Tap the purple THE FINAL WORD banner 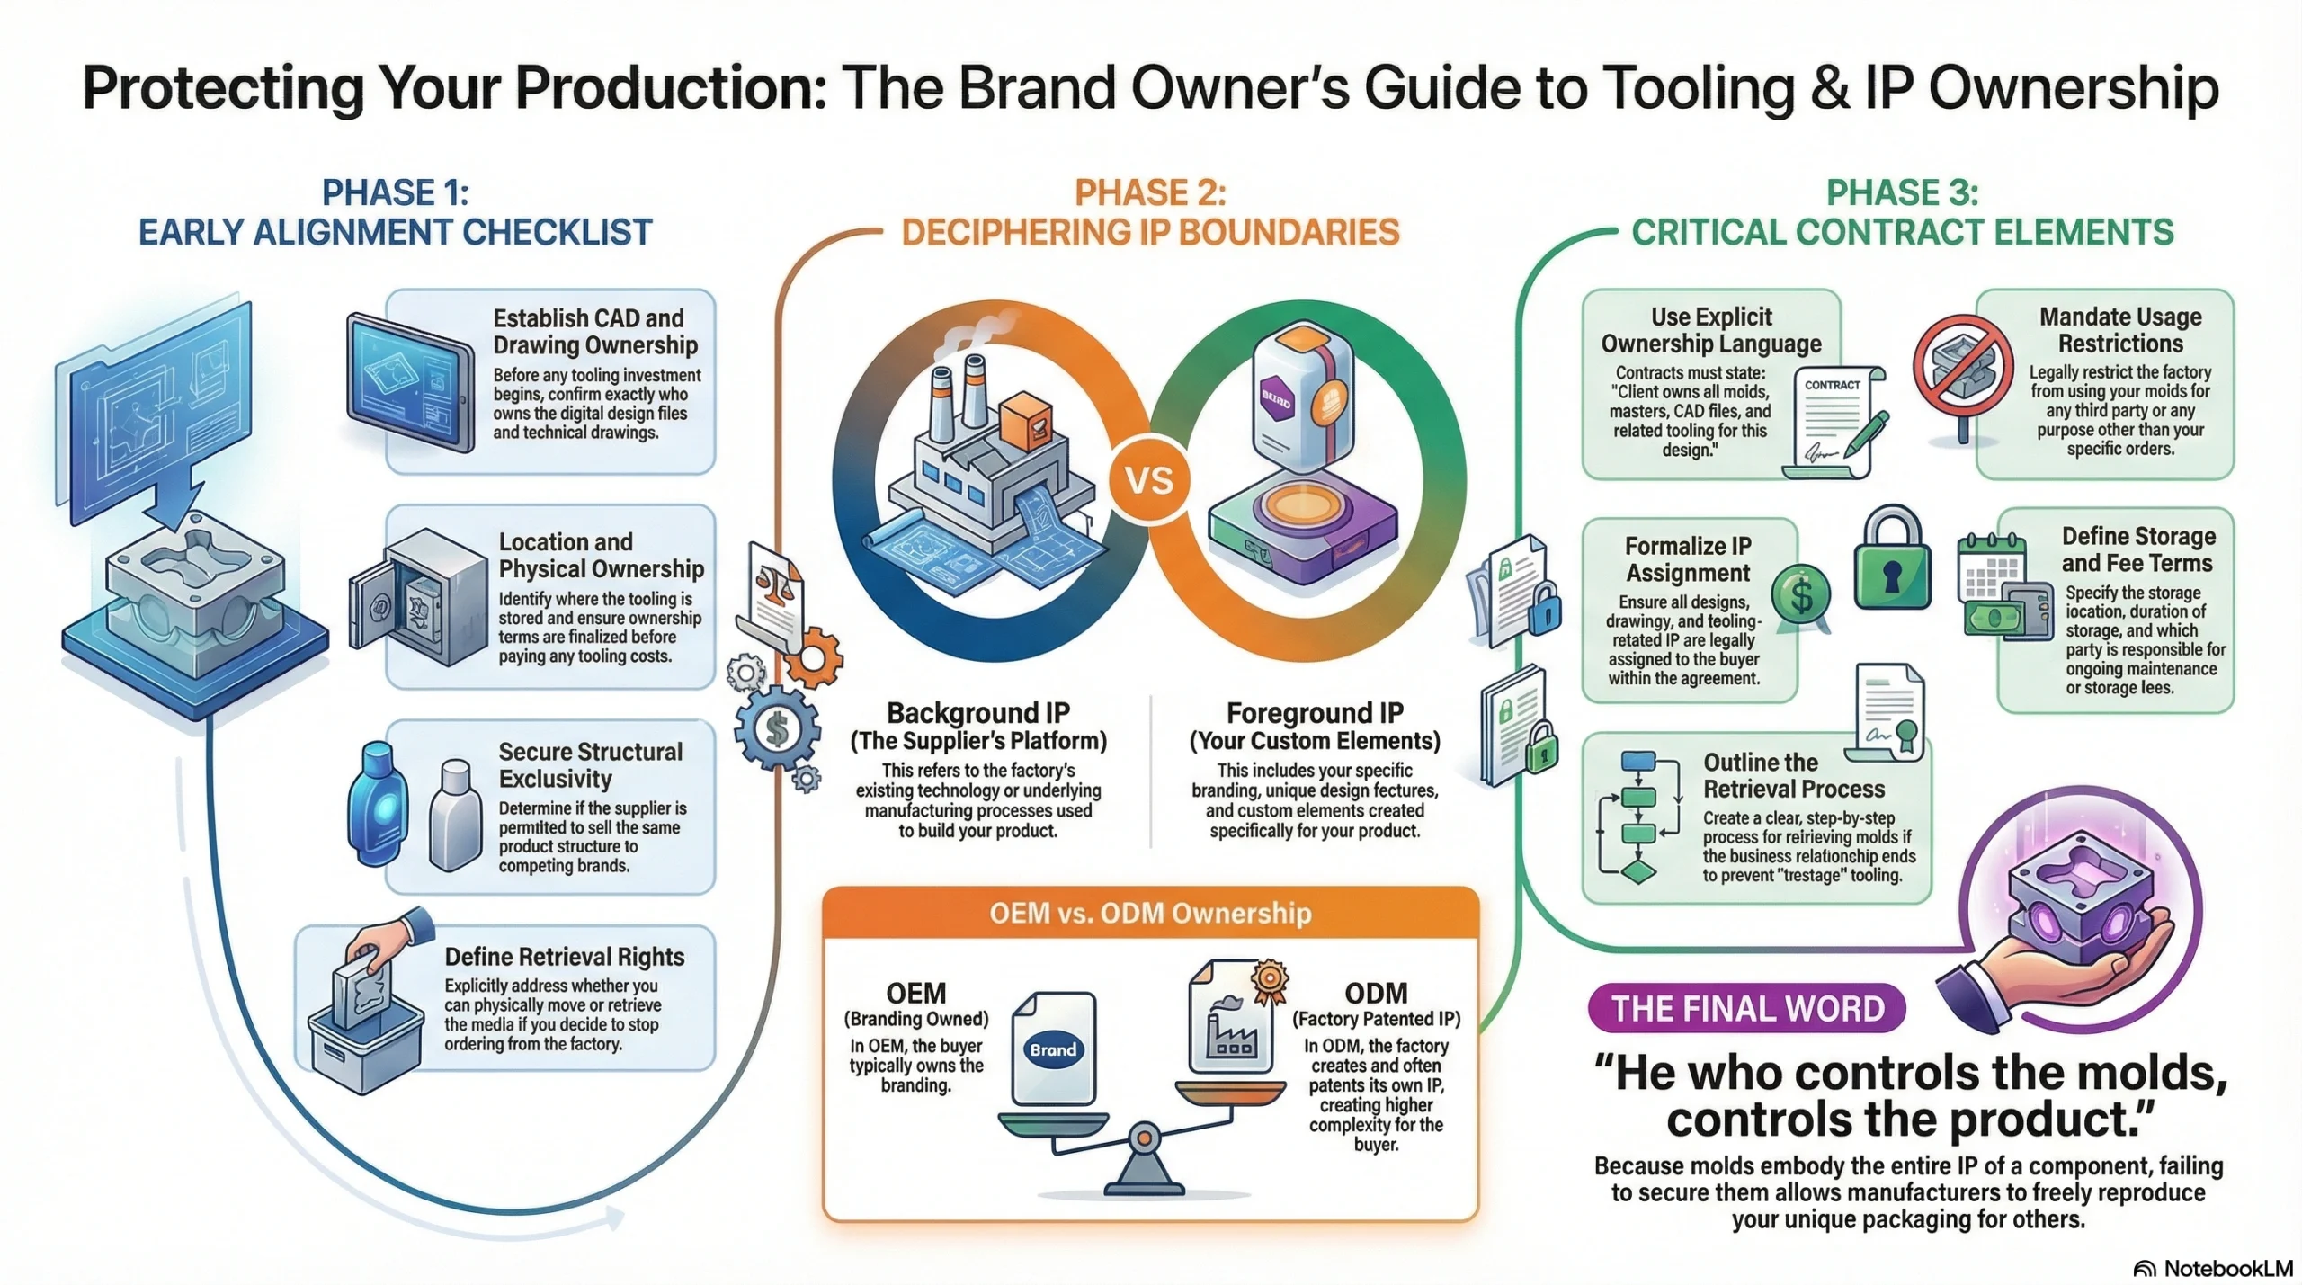[1746, 1008]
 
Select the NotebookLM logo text [2227, 1268]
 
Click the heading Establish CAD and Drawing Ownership [595, 332]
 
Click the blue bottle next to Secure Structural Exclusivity [378, 803]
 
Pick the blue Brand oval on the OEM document [1053, 1049]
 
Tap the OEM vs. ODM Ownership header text [1150, 914]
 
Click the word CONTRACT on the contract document [1832, 385]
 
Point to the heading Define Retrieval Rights [565, 957]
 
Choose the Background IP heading [978, 713]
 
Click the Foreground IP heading [1315, 713]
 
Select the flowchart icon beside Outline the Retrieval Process [1638, 816]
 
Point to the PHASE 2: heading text [1150, 193]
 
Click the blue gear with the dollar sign [777, 728]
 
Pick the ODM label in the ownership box [1376, 994]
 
